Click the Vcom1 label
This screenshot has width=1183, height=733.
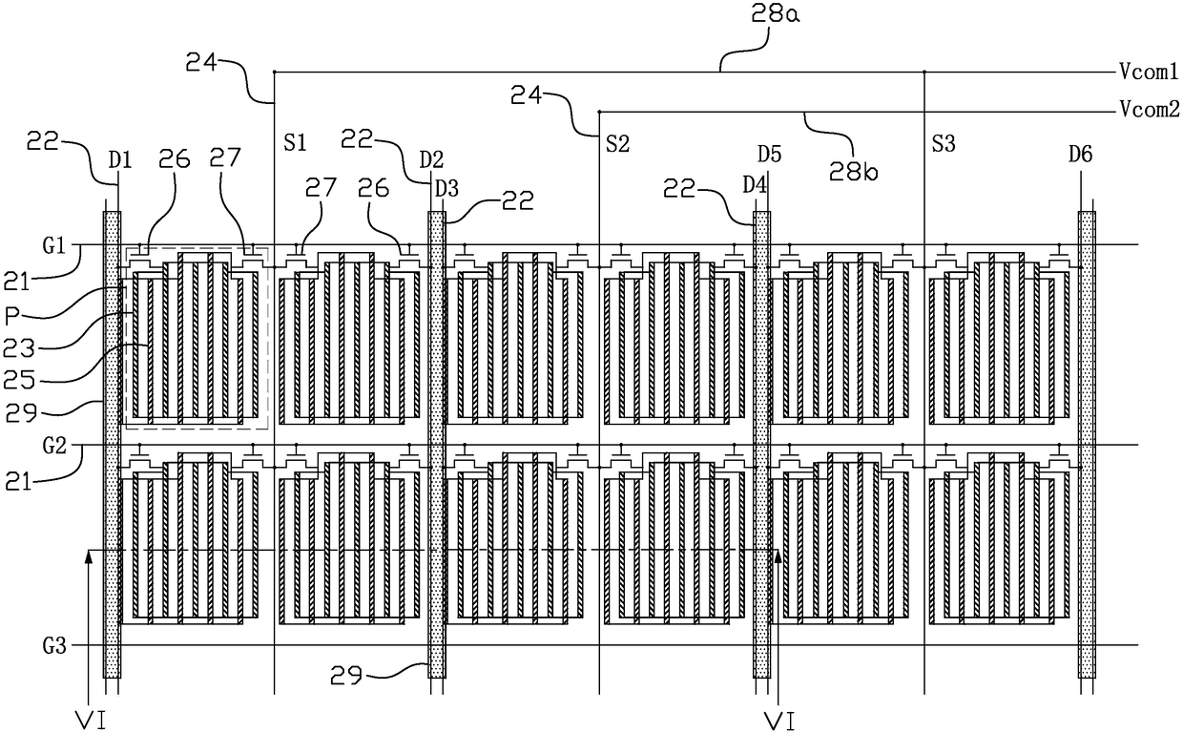pyautogui.click(x=1148, y=72)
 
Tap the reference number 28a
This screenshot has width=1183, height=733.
pyautogui.click(x=776, y=14)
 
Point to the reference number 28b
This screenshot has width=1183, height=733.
pyautogui.click(x=853, y=171)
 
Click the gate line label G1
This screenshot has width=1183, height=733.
pyautogui.click(x=54, y=245)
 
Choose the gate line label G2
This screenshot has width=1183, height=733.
pyautogui.click(x=54, y=446)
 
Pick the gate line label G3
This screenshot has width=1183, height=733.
pyautogui.click(x=54, y=646)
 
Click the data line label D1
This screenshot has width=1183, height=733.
pyautogui.click(x=120, y=160)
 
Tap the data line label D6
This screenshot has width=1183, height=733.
pyautogui.click(x=1081, y=155)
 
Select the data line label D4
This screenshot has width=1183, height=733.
pyautogui.click(x=755, y=185)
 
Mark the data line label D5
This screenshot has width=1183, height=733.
pyautogui.click(x=770, y=155)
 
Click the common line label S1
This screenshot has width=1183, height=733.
pyautogui.click(x=295, y=143)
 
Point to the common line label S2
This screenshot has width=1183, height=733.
pyautogui.click(x=618, y=144)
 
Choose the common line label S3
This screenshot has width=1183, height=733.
pyautogui.click(x=944, y=144)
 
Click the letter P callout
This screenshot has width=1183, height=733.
pyautogui.click(x=11, y=316)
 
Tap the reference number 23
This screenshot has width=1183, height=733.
pyautogui.click(x=19, y=348)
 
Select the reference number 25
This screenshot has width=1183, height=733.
pyautogui.click(x=19, y=380)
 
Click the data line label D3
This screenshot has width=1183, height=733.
pyautogui.click(x=446, y=189)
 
